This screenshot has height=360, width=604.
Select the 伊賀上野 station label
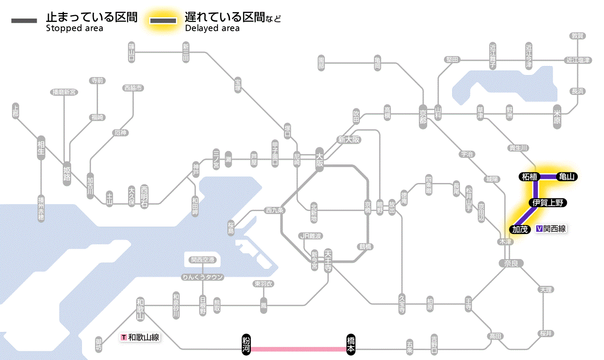point(547,203)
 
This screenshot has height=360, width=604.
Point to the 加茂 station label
point(520,229)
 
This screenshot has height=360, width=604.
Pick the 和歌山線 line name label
point(140,337)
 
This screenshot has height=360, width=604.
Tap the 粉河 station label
point(246,344)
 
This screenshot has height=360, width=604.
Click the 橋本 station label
point(351,344)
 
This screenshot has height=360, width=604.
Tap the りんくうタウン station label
point(202,277)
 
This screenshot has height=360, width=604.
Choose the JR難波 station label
point(311,236)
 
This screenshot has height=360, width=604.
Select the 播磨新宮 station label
point(64,92)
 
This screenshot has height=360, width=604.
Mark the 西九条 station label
point(274,211)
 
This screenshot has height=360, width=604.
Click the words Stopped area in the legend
point(75,28)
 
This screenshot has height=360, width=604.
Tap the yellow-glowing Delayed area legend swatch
point(163,21)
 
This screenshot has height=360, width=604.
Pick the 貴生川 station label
point(518,148)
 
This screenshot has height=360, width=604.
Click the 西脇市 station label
point(134,88)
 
